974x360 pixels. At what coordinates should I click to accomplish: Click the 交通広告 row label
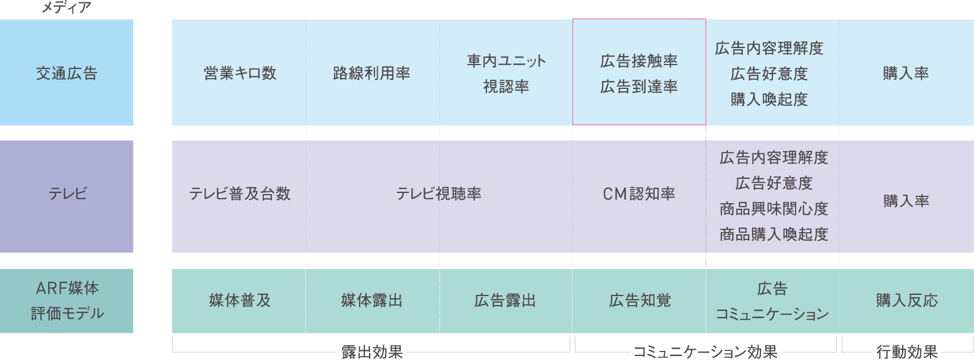pos(67,73)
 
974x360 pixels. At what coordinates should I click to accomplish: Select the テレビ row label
pos(67,194)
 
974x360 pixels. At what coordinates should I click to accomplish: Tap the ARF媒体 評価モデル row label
pos(67,301)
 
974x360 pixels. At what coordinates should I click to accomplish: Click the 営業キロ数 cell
pos(240,73)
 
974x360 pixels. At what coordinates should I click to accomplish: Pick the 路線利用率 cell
pos(371,73)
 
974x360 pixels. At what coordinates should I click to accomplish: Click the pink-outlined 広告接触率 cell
pos(639,73)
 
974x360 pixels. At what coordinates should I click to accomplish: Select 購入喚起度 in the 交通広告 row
pos(769,100)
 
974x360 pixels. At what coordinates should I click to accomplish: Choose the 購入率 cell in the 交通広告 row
pos(905,73)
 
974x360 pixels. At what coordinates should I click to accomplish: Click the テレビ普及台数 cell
pos(240,194)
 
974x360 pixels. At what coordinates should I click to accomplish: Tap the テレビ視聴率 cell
pos(439,194)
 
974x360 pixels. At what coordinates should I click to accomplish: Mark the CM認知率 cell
pos(639,194)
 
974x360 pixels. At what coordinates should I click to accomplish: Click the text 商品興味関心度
pos(774,209)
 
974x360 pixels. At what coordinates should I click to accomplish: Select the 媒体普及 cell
pos(240,301)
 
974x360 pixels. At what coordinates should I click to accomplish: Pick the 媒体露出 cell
pos(371,301)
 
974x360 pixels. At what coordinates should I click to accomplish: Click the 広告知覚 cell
pos(639,301)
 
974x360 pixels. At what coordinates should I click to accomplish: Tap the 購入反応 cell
pos(906,301)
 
